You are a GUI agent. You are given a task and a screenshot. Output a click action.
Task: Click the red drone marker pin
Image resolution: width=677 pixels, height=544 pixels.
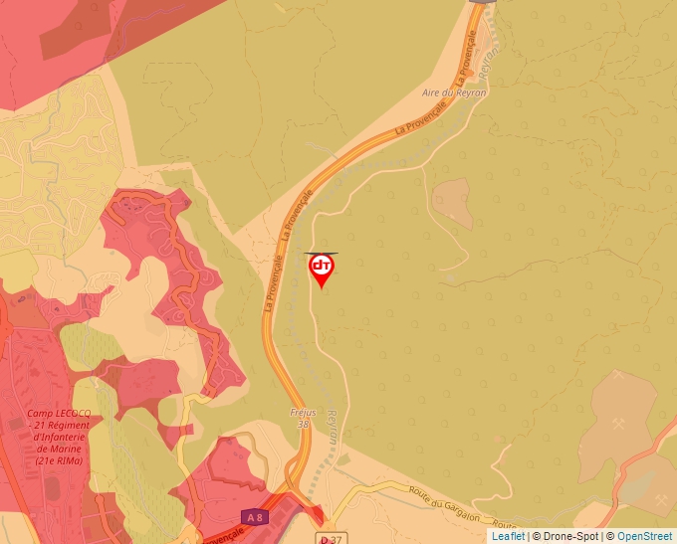322,270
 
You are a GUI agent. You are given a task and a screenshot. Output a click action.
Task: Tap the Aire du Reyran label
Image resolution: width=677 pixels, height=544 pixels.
454,92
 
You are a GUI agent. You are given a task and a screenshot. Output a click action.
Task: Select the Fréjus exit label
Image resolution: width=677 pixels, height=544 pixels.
302,412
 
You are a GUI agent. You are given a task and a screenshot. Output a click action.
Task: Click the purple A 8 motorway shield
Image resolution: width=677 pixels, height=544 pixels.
255,517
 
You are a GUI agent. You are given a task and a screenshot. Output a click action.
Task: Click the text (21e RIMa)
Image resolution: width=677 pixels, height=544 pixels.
59,460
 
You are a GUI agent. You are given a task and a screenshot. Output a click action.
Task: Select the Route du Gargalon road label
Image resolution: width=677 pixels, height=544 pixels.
445,502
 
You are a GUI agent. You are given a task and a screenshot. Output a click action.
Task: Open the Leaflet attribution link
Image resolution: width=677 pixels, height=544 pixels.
508,536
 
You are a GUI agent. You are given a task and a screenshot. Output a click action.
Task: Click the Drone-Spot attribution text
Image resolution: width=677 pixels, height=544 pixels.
566,536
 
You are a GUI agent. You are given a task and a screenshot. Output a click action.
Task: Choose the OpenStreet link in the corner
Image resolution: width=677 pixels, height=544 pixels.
646,536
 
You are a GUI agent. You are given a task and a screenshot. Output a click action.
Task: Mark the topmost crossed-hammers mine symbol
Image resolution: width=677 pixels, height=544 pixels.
618,376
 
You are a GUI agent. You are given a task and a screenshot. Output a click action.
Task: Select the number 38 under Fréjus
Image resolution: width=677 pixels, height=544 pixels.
303,424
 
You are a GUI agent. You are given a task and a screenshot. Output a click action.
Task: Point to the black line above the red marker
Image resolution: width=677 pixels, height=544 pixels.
321,254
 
